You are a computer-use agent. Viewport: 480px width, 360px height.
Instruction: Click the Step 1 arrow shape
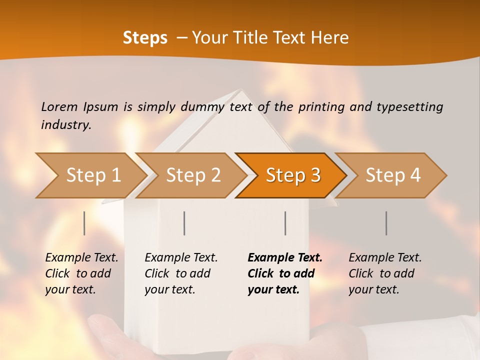93,175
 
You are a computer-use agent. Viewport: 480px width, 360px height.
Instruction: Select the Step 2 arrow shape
193,175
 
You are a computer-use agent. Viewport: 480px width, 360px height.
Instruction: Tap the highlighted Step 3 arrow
293,175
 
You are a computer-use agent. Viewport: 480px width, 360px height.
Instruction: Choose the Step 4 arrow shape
393,175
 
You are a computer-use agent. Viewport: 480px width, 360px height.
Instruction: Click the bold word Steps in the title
145,38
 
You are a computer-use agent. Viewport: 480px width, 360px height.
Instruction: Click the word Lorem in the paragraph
59,106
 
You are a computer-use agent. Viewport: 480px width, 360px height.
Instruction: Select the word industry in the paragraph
65,125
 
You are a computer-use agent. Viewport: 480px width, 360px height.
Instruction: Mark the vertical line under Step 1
84,223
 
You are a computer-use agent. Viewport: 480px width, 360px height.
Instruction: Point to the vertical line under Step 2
184,223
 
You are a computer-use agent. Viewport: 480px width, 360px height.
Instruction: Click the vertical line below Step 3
285,223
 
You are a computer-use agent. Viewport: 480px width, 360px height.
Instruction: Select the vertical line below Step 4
386,223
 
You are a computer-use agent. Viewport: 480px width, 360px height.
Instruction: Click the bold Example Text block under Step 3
285,273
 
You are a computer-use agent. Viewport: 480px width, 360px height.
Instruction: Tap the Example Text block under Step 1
81,273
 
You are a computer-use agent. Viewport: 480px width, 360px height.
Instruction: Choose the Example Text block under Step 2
181,273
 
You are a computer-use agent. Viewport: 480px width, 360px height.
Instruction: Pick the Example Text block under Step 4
385,273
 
